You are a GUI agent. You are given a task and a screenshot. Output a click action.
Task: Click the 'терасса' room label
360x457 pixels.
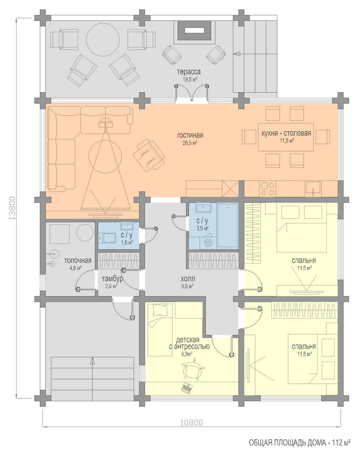point(189,72)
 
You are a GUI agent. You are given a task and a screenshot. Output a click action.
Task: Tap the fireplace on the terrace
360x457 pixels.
point(194,30)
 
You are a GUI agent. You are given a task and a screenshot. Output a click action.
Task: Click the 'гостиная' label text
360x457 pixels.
point(190,135)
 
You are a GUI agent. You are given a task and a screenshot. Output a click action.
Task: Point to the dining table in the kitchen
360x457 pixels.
point(286,138)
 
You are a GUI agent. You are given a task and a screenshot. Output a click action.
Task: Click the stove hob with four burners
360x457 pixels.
point(267,189)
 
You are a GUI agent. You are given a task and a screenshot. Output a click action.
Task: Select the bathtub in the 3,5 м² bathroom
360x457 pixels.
point(228,226)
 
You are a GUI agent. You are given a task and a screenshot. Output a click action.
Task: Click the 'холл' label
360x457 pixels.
point(188,278)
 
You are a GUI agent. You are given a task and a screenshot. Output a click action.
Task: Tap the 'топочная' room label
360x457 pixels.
point(78,260)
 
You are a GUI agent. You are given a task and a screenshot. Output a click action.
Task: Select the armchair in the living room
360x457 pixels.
point(149,155)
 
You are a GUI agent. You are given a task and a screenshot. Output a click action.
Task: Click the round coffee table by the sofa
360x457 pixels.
point(105,156)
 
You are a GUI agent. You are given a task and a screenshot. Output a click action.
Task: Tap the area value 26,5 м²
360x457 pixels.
point(190,143)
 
